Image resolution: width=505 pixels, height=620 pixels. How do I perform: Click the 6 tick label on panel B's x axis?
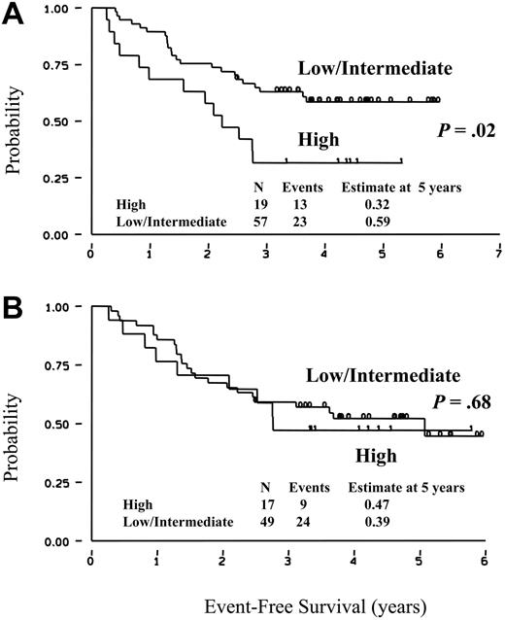483,561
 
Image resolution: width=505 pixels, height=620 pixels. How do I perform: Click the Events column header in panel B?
309,487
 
